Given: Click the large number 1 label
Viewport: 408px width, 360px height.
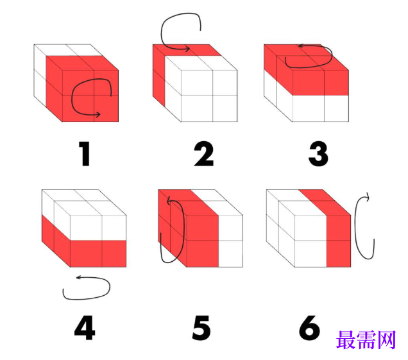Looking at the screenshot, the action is coord(85,153).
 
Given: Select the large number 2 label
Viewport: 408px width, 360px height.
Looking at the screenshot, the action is coord(204,153).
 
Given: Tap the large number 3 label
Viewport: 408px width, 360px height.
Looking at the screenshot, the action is coord(318,153).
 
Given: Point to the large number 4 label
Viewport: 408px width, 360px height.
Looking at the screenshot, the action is coord(85,327).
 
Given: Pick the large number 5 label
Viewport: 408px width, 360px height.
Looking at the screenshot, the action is coord(201,327).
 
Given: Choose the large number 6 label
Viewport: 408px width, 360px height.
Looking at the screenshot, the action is coord(309,327).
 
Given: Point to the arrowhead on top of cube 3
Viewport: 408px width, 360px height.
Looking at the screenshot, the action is coord(301,46).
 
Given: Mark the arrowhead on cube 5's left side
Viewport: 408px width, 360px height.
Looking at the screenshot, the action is coord(169,201).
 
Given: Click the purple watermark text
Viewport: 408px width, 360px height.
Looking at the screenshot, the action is coord(366,339).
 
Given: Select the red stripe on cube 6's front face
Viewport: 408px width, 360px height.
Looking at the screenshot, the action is coord(339,241).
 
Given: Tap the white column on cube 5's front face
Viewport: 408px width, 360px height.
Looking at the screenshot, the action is coord(230,241).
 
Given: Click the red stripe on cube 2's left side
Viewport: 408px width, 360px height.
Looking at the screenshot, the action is coord(159,76).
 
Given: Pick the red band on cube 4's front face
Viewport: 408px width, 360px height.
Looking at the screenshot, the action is coord(98,253).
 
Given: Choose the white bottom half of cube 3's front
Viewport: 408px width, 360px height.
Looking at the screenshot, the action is coord(320,108).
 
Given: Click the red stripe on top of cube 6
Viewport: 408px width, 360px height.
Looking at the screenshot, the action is coord(324,202).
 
